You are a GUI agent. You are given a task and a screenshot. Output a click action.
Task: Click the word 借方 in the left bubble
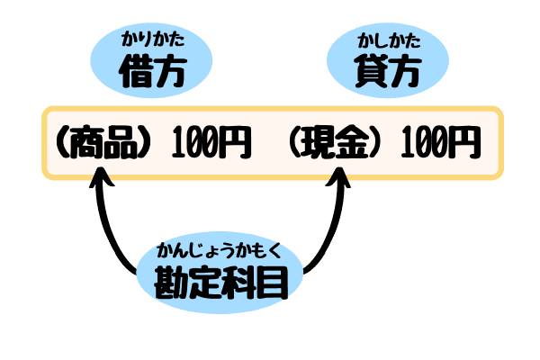click(x=152, y=72)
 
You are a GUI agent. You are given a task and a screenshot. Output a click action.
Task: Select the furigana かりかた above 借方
click(x=152, y=41)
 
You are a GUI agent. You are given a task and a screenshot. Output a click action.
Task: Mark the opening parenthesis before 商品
click(x=63, y=143)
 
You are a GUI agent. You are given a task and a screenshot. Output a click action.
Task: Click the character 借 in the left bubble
click(x=136, y=72)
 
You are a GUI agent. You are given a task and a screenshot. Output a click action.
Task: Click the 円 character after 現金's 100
click(x=464, y=143)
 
